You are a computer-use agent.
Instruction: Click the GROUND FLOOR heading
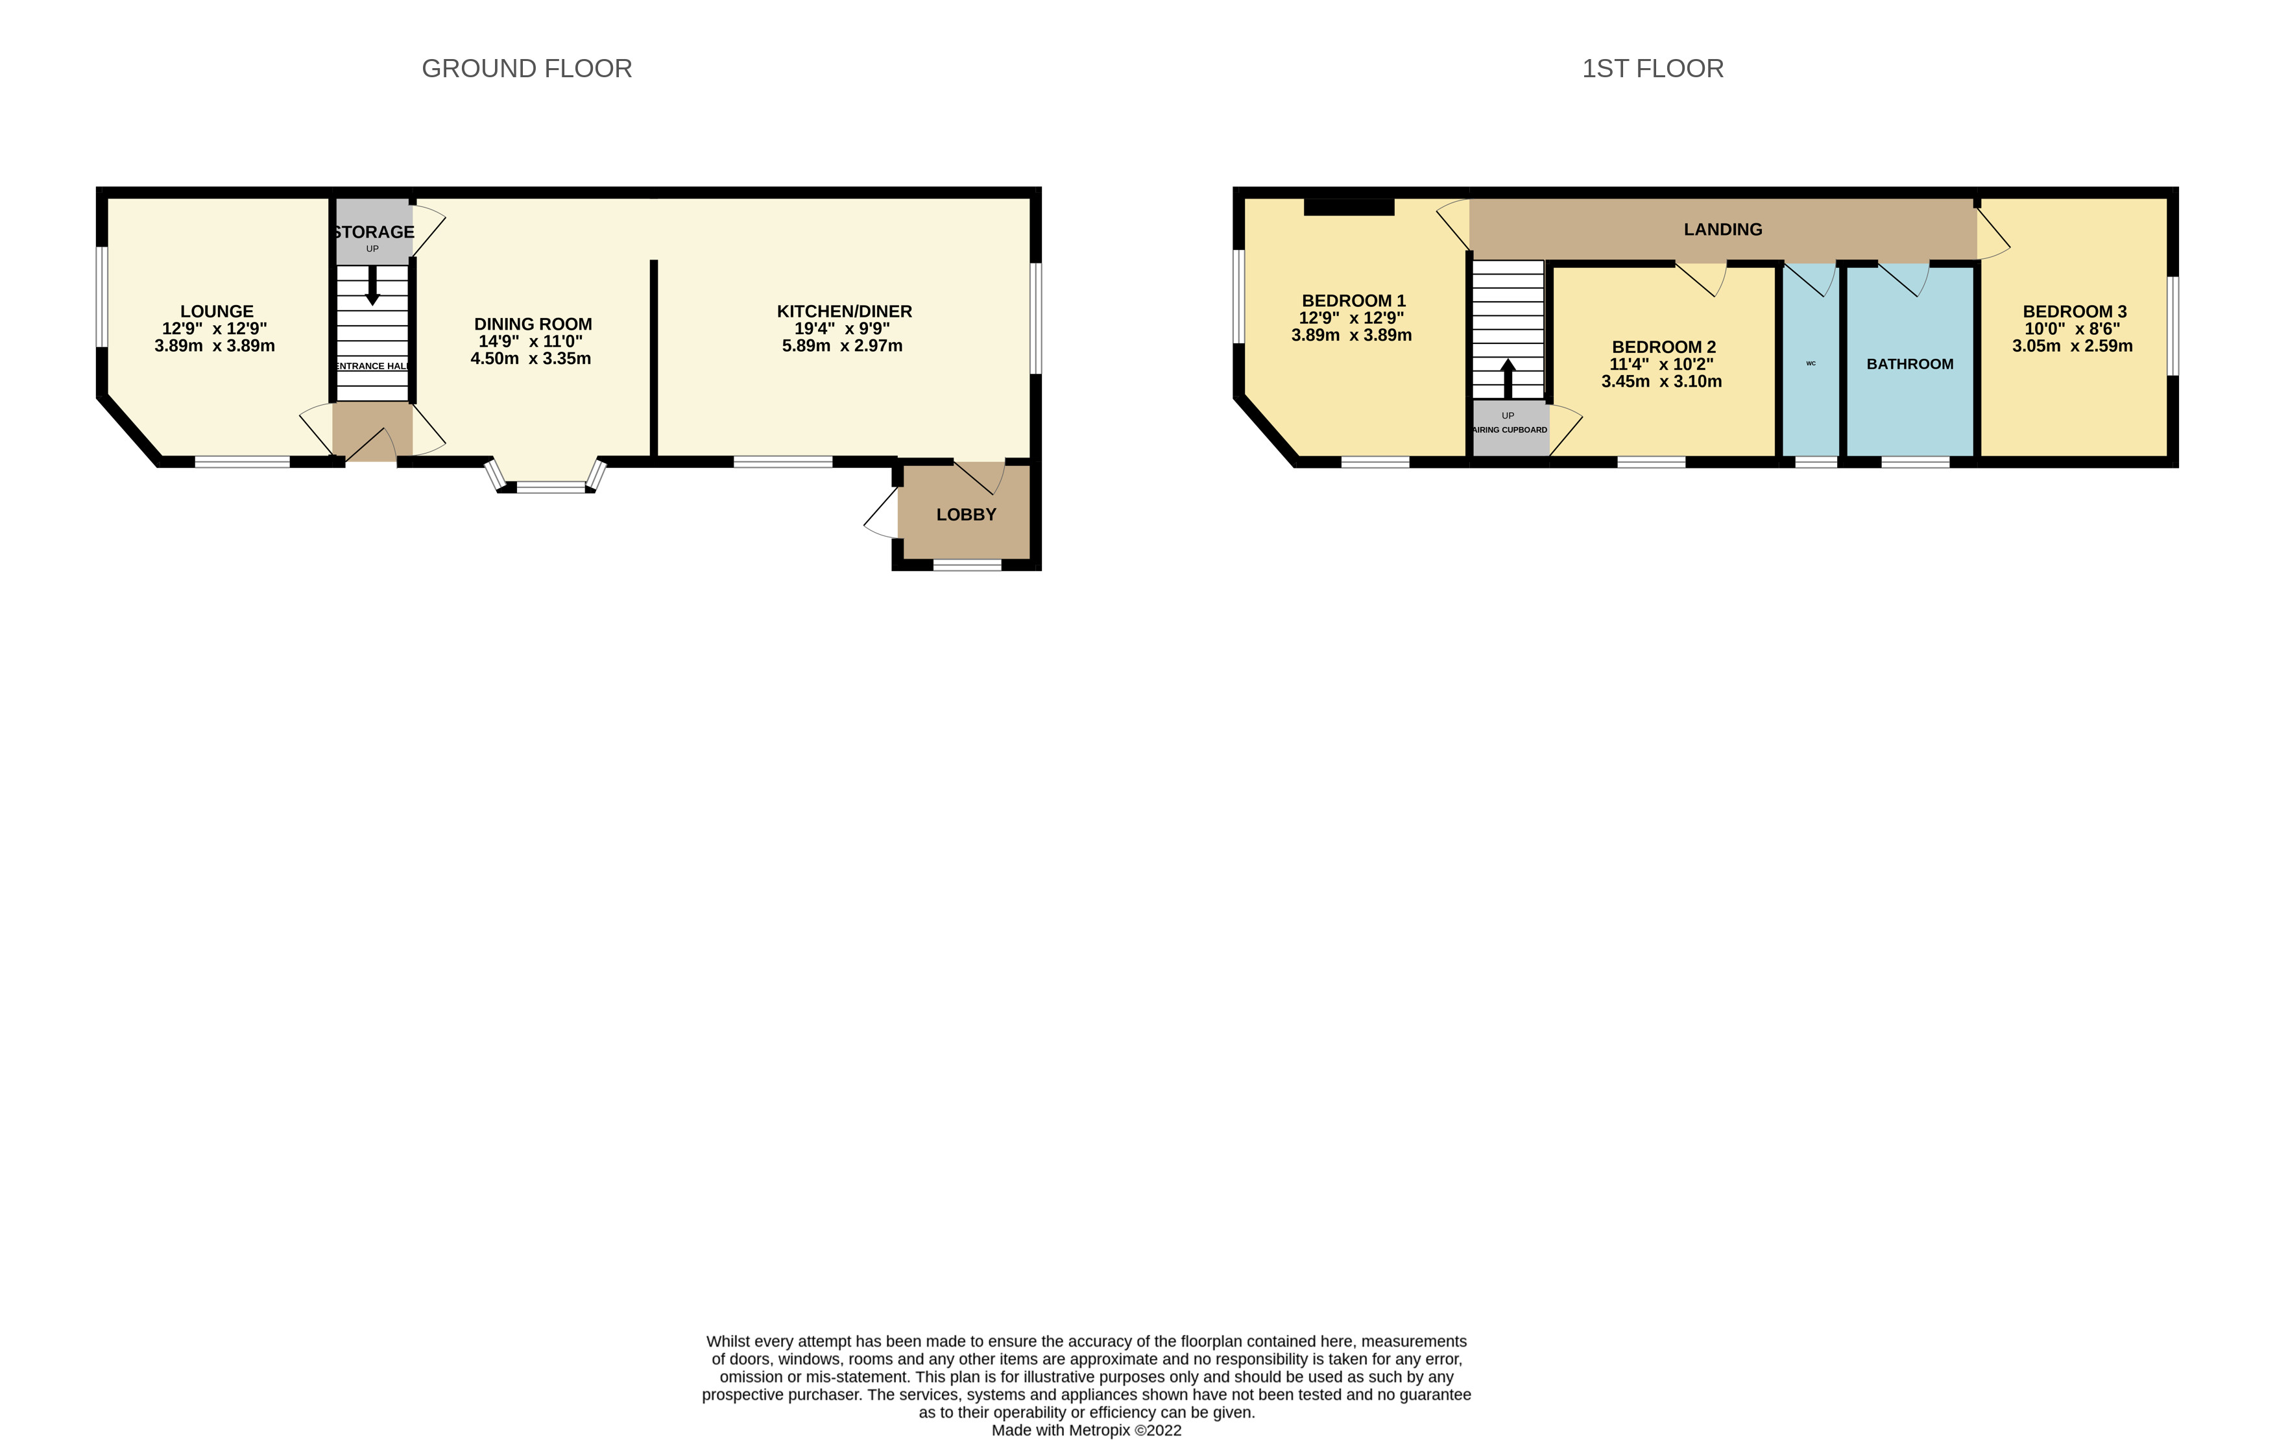526,69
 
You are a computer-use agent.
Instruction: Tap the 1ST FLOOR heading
1652,69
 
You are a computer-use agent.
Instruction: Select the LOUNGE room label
217,311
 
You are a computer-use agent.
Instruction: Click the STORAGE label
373,232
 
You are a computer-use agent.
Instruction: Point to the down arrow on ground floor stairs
372,286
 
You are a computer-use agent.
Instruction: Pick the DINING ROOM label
533,324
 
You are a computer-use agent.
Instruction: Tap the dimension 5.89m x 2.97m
842,346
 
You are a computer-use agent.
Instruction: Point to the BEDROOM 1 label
1353,301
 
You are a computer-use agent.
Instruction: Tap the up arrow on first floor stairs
1508,377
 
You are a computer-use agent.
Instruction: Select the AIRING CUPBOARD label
1510,430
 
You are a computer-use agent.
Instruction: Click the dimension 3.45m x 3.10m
1661,382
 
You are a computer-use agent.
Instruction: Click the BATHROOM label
1909,365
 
